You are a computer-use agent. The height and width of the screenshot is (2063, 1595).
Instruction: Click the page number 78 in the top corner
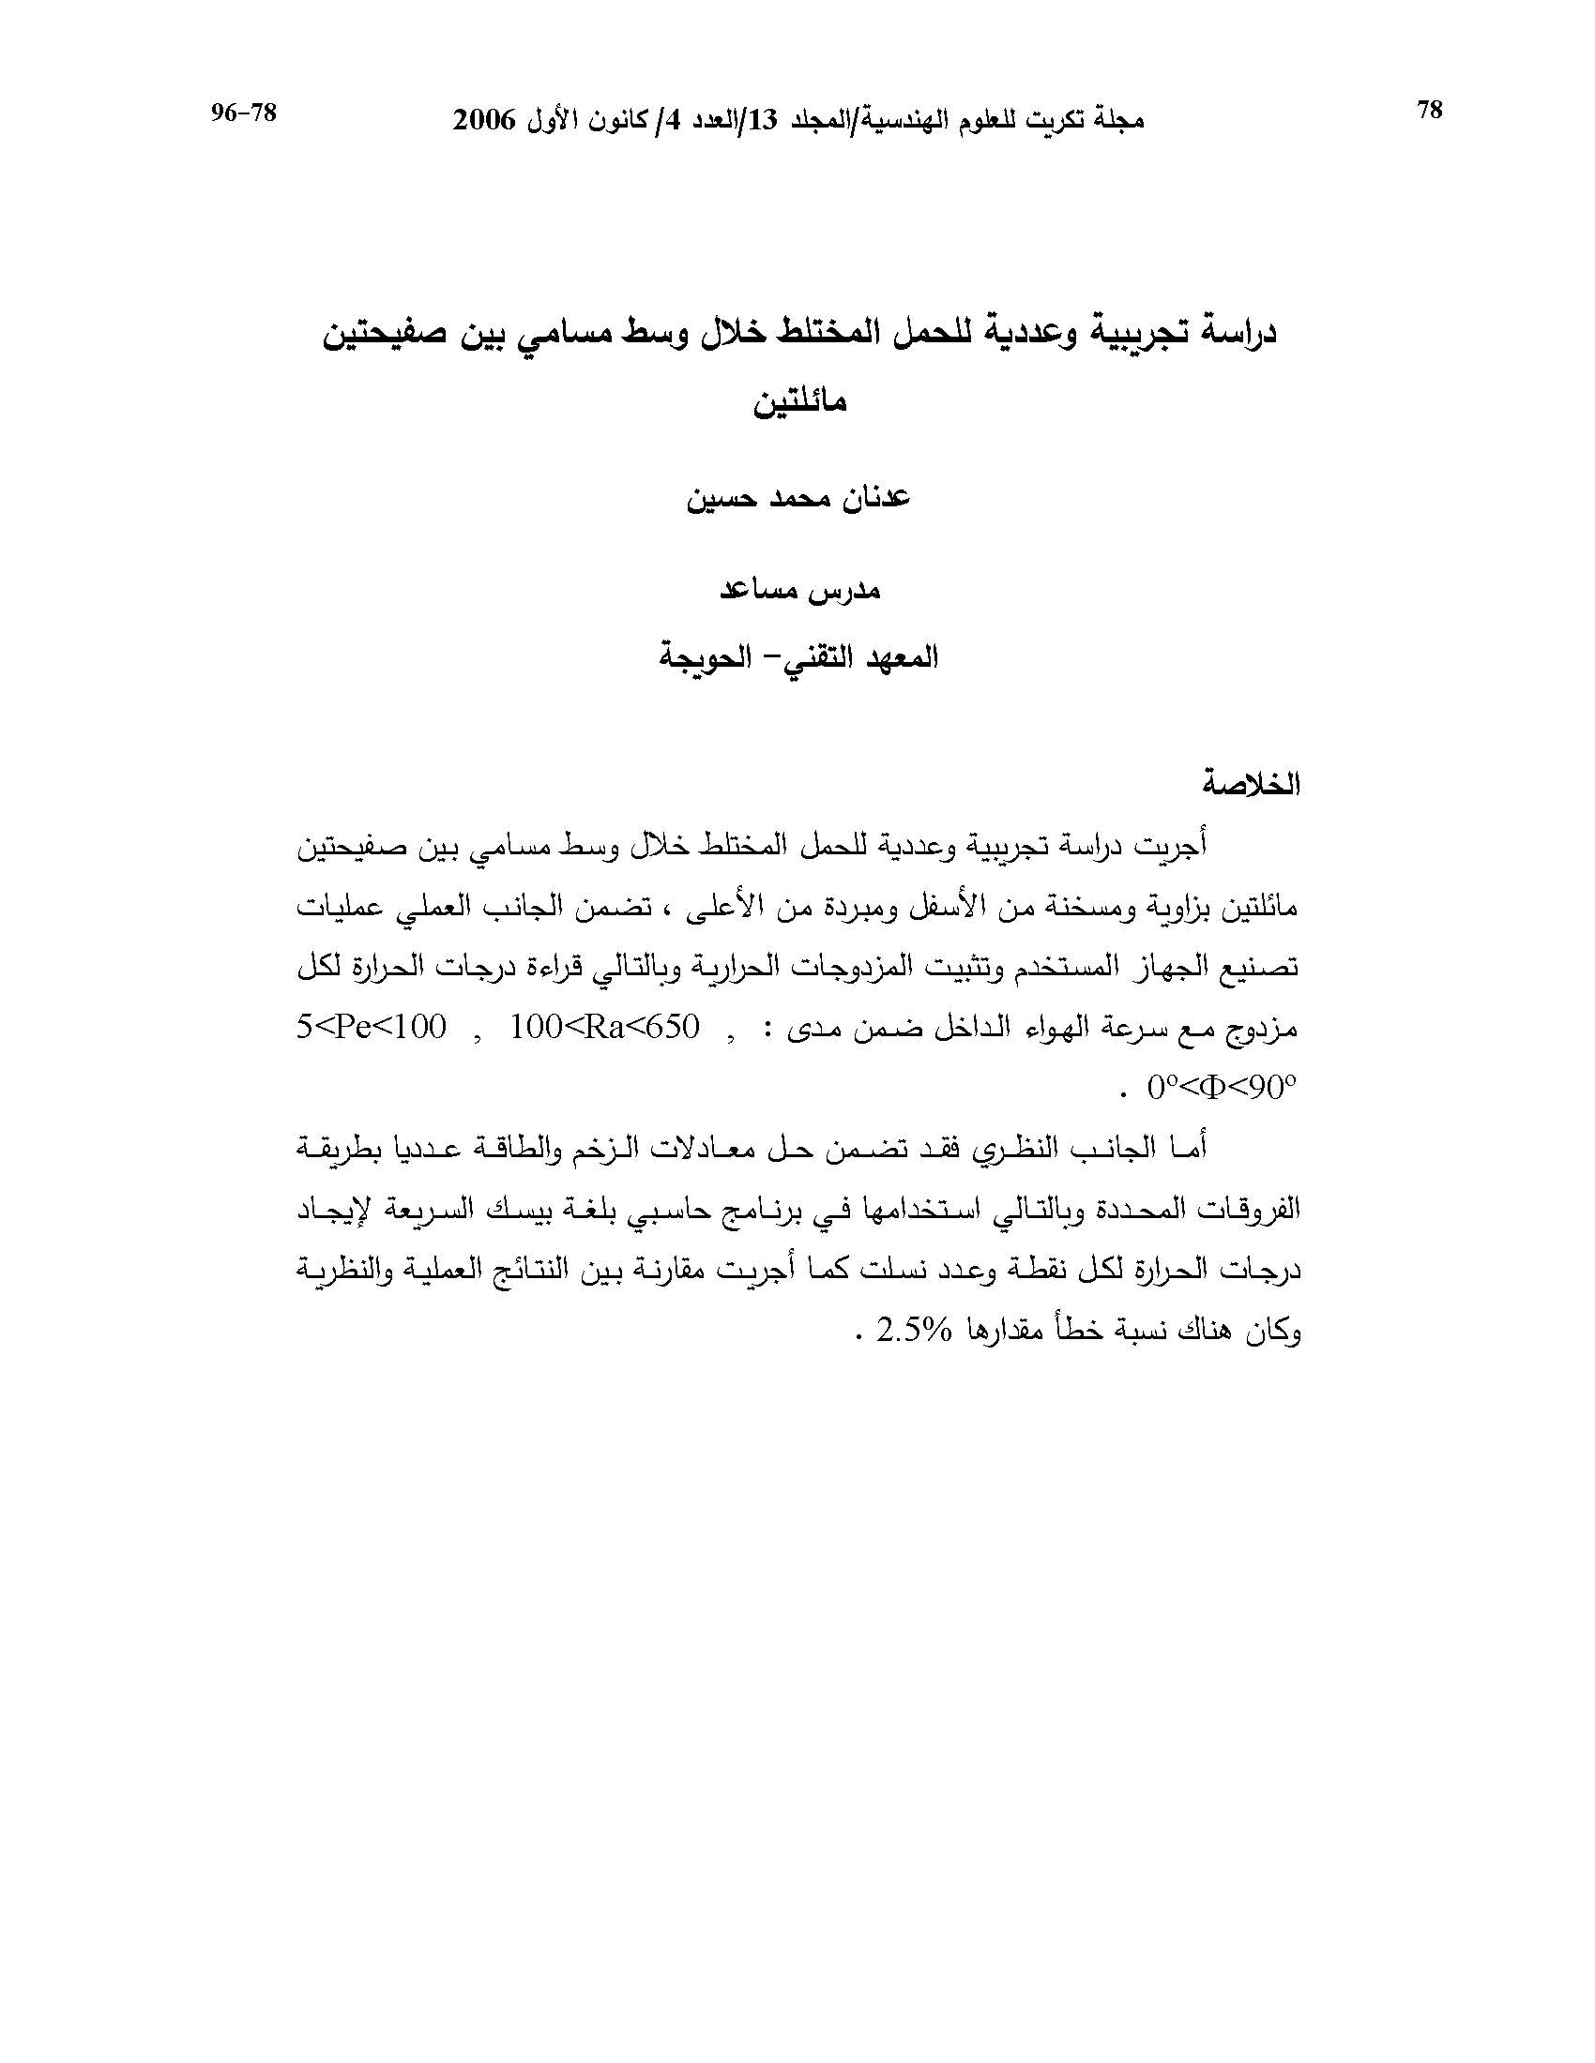coord(1430,111)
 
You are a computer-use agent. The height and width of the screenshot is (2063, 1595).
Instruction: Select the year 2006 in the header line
coord(485,121)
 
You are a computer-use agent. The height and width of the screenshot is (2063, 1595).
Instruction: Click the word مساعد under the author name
coord(762,592)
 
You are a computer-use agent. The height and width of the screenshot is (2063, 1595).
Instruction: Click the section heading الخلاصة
coord(1251,785)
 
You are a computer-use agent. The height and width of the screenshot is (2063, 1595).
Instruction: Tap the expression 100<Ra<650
coord(605,1027)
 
